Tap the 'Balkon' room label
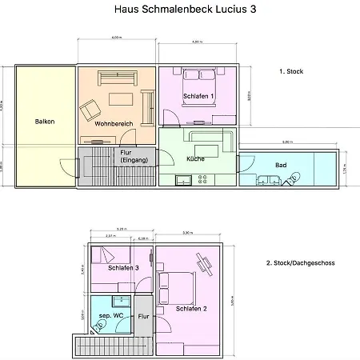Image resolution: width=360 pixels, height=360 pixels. pos(45,122)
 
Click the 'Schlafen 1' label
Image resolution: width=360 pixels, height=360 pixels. pos(198,96)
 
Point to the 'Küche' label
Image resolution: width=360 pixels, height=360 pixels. pos(196,158)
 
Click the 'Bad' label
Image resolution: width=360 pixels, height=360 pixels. pos(281,165)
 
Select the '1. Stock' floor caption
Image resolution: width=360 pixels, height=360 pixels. pos(291,71)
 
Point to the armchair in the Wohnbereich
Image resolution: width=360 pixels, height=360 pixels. pos(90,109)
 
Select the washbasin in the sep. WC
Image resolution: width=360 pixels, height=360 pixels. pos(121,302)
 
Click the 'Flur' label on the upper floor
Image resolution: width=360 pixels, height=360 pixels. pos(144,317)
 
